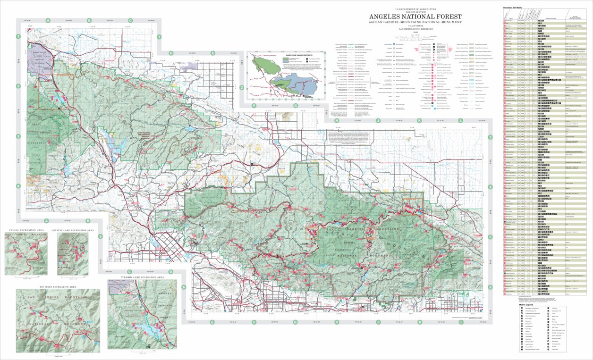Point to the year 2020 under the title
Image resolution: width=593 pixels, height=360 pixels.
415,33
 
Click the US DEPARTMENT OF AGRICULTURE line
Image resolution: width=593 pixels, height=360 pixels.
415,9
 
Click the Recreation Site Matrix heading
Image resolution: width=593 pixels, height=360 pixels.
515,8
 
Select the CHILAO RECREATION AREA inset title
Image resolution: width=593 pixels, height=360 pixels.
26,230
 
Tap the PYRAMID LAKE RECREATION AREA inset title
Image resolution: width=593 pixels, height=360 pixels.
142,277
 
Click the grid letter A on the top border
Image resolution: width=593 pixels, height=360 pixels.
48,20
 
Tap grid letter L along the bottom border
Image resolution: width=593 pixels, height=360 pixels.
461,323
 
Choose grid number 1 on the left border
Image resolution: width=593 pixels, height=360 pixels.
18,36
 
